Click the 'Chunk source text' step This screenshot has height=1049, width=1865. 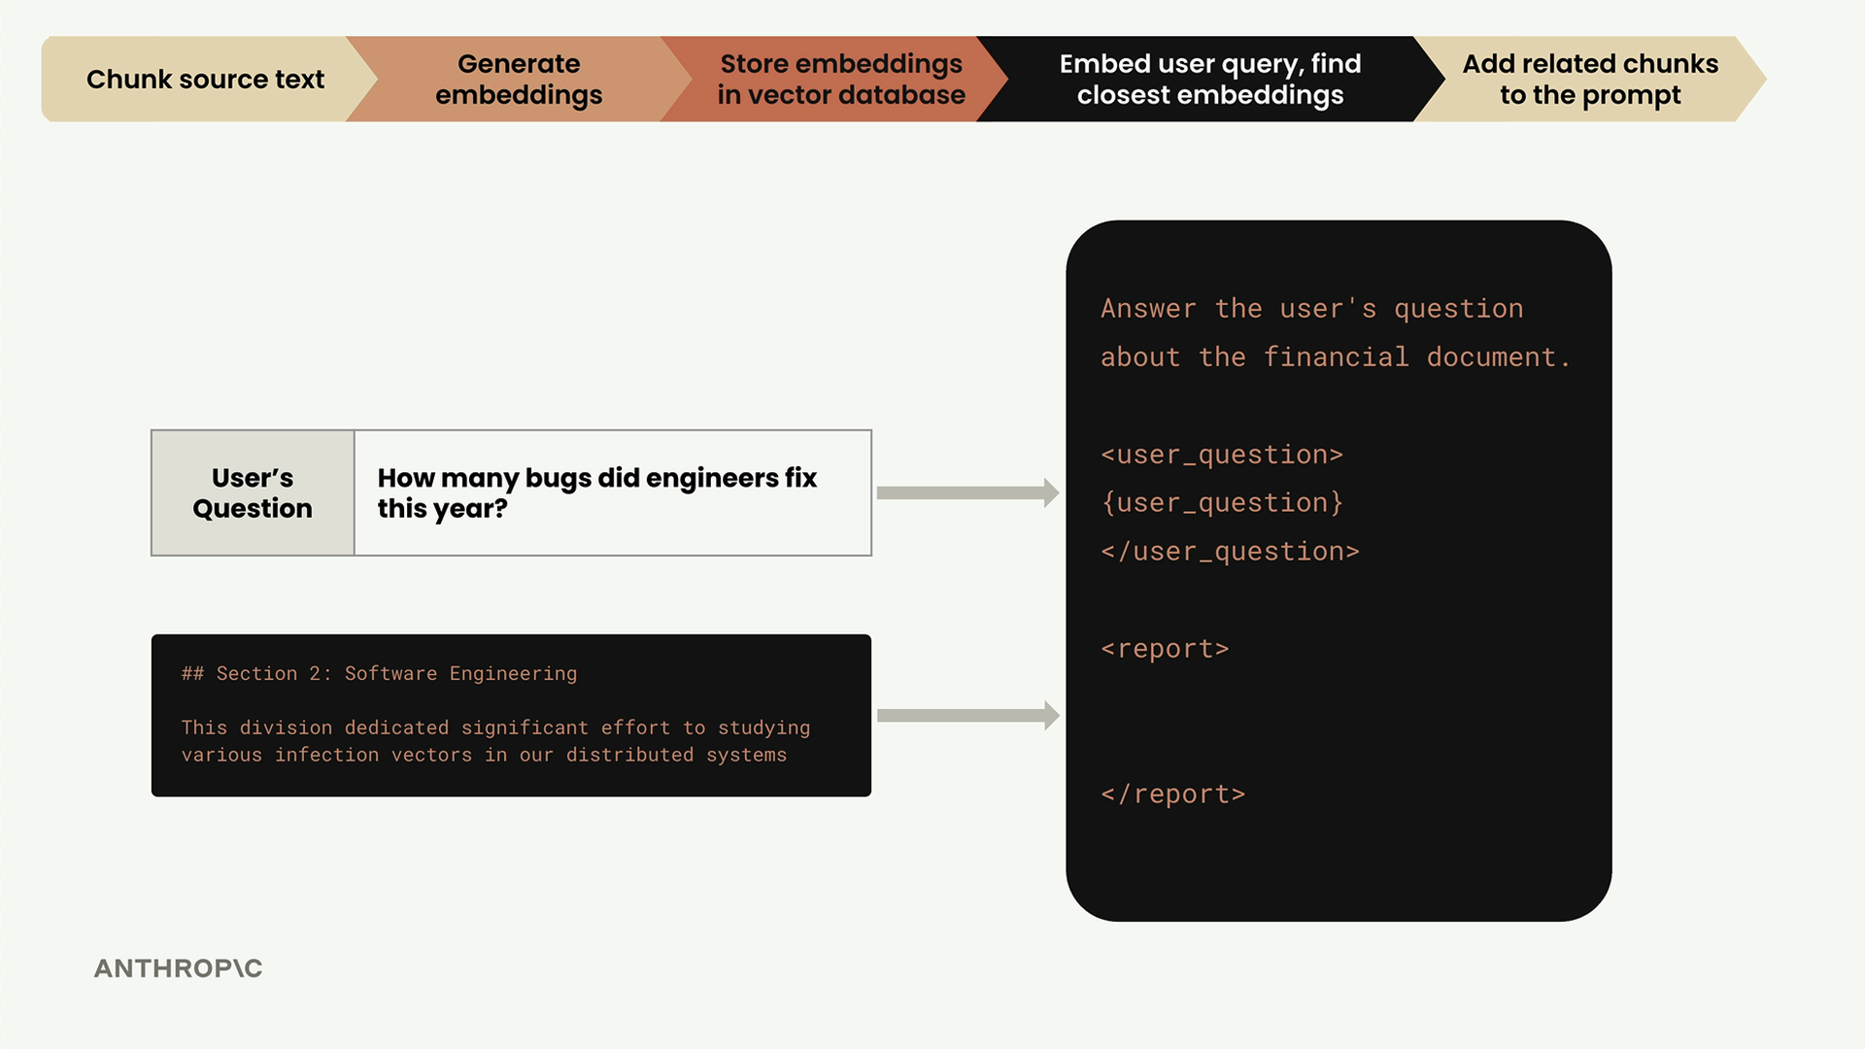point(205,79)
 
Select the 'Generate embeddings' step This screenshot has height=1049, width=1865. point(519,79)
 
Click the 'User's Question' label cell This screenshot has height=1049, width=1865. point(253,492)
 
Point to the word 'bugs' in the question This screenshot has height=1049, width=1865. point(559,479)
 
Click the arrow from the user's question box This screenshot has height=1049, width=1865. point(967,492)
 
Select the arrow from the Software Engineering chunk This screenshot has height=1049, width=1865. point(967,716)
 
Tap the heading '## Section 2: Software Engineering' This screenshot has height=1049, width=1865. point(379,674)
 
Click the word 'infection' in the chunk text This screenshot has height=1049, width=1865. point(326,755)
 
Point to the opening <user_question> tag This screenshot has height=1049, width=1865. point(1222,455)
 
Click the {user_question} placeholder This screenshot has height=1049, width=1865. point(1222,503)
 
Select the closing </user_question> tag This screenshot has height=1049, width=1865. point(1230,552)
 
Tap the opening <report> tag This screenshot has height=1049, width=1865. point(1165,649)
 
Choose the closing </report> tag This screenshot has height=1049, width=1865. point(1172,795)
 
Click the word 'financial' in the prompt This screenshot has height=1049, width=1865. point(1336,357)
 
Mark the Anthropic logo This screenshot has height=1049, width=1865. point(178,968)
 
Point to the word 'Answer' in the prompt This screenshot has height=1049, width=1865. point(1148,309)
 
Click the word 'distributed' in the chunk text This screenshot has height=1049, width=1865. point(629,755)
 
